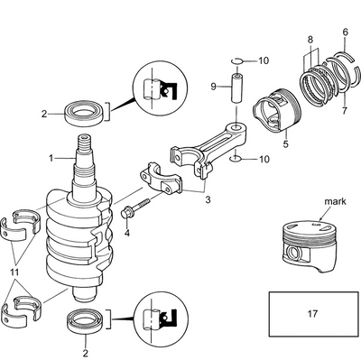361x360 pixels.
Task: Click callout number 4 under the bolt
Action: [126, 233]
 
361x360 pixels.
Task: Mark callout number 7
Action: [310, 40]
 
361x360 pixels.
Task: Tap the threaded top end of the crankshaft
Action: [88, 143]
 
